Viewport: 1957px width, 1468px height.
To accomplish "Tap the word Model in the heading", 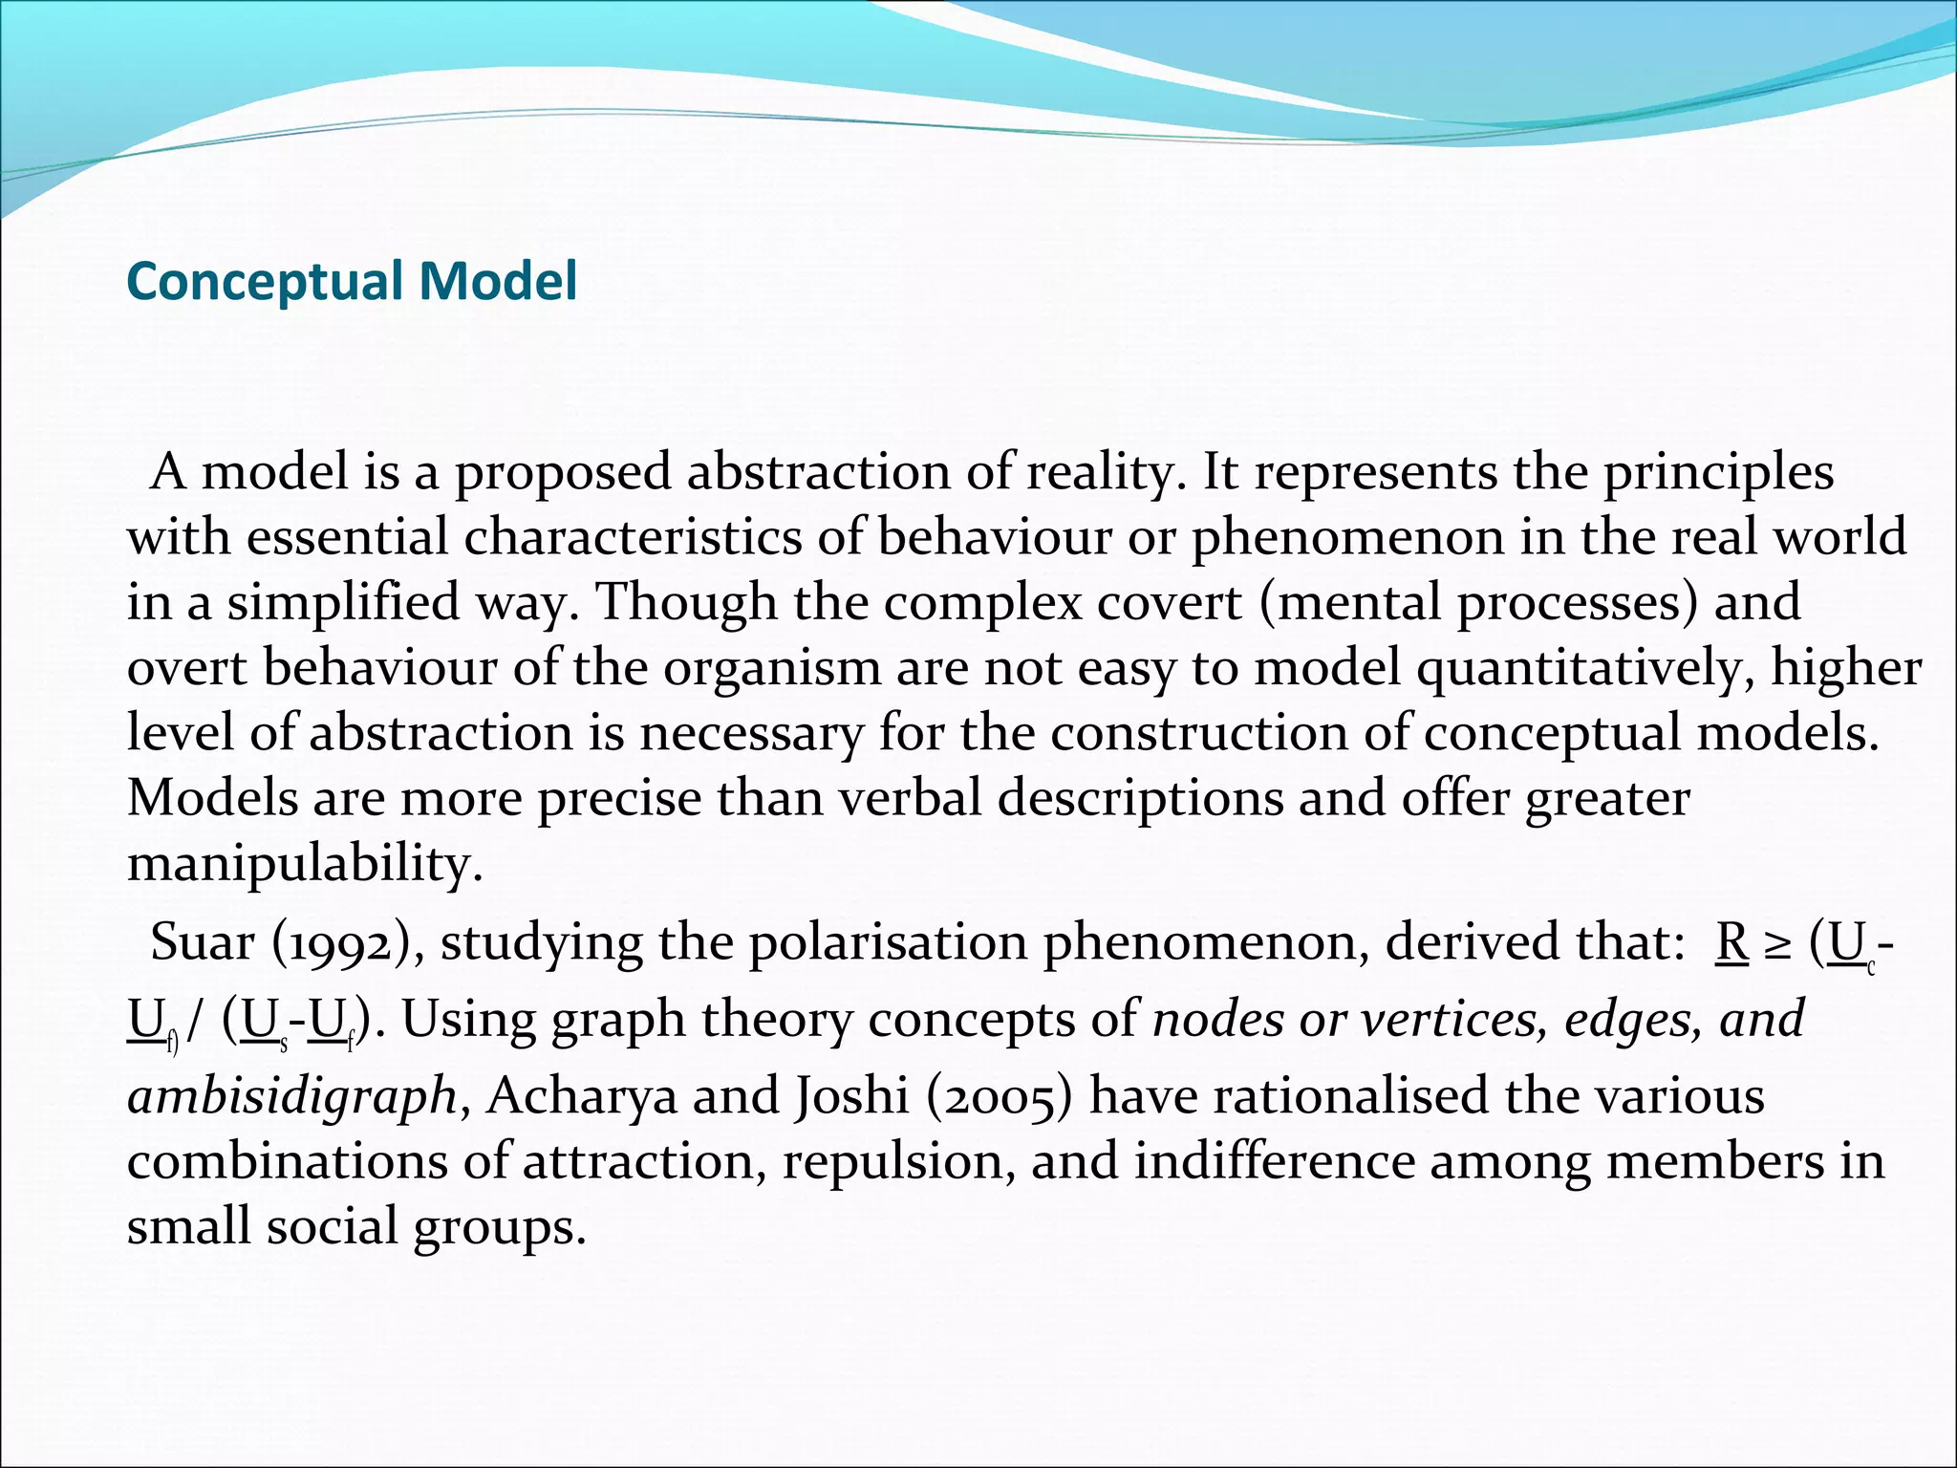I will pyautogui.click(x=498, y=281).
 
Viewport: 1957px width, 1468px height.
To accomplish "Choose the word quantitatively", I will pyautogui.click(x=1586, y=667).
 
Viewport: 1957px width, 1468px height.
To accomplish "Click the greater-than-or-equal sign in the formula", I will pyautogui.click(x=1778, y=944).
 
